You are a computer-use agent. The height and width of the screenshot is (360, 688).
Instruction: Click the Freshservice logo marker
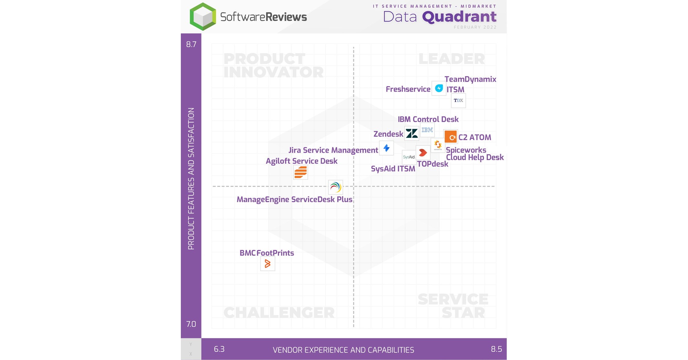[x=439, y=88]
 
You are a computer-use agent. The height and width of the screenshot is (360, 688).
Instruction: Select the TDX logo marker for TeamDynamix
[x=458, y=101]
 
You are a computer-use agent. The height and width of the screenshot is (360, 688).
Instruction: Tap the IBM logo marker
[x=427, y=130]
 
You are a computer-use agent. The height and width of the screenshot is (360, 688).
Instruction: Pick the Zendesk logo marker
[x=412, y=134]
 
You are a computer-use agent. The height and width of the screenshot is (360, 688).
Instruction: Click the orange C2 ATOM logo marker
[x=451, y=137]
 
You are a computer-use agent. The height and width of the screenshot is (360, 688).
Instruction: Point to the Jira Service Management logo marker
[x=386, y=148]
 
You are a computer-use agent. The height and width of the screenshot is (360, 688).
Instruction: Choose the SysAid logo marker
[x=409, y=157]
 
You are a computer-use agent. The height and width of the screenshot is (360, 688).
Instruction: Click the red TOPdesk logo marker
[x=423, y=152]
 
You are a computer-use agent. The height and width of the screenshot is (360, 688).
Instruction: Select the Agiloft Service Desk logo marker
[x=300, y=172]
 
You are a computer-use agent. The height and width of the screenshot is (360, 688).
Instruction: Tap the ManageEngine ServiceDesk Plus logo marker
[x=335, y=187]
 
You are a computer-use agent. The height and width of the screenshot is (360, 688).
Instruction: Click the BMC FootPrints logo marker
[x=267, y=264]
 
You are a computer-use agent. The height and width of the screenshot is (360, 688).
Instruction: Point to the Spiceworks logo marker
[x=438, y=145]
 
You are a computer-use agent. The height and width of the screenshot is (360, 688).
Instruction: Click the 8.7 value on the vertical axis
[x=191, y=45]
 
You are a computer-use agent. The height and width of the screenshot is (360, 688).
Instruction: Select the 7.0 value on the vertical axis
[x=191, y=324]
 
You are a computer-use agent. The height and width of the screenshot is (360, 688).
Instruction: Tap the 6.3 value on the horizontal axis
[x=219, y=349]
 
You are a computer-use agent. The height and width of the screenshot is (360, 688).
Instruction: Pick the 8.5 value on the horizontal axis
[x=496, y=349]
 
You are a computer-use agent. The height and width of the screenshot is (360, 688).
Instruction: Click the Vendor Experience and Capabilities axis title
[x=343, y=350]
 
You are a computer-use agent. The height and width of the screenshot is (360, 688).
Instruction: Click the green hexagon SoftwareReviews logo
[x=203, y=17]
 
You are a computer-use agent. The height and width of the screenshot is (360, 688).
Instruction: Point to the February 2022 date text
[x=475, y=27]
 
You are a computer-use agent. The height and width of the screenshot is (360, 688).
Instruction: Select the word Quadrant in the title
[x=459, y=17]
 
